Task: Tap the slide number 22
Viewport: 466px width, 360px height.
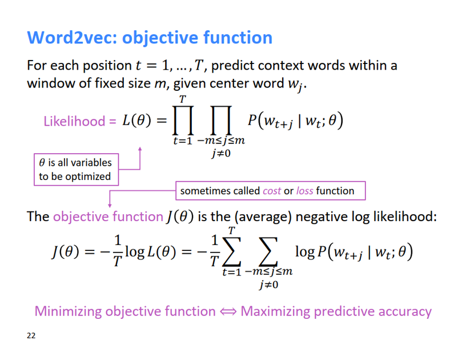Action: [x=31, y=335]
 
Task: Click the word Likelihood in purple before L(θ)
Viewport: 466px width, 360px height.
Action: [x=74, y=121]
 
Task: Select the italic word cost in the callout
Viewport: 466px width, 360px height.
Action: [x=272, y=191]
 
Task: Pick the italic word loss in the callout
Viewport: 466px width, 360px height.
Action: [x=304, y=191]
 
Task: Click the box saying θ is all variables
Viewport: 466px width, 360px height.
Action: [x=75, y=169]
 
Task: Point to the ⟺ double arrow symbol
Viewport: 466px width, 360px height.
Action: [x=228, y=311]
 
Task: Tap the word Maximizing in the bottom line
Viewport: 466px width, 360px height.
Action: [x=275, y=311]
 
